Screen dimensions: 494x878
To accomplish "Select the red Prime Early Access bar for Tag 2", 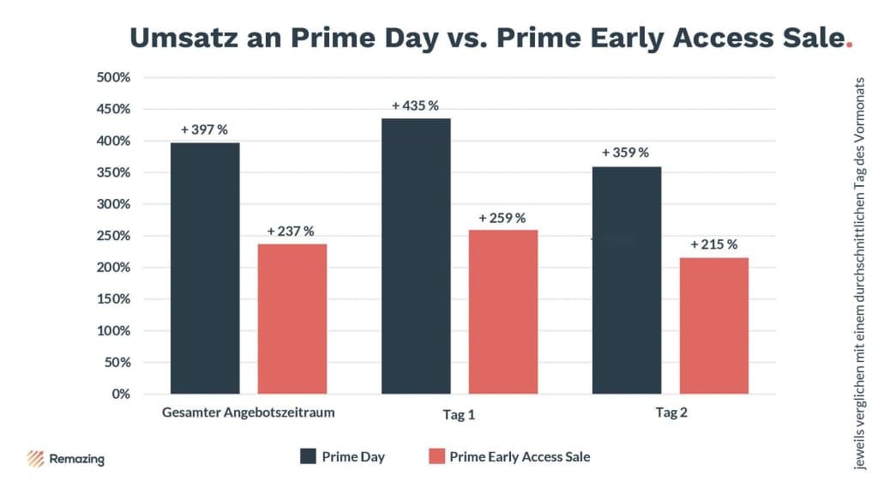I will [714, 325].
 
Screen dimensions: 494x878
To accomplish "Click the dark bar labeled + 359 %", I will [627, 280].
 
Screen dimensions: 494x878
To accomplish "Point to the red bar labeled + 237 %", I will [292, 318].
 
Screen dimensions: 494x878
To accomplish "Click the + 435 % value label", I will [416, 105].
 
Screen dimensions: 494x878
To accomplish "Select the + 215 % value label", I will [714, 244].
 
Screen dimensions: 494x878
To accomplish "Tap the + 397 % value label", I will [204, 130].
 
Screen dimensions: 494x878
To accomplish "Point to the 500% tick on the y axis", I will [112, 77].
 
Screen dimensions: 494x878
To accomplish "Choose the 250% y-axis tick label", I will [112, 236].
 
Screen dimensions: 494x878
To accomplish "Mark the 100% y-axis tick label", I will [112, 330].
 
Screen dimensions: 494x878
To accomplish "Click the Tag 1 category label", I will [459, 415].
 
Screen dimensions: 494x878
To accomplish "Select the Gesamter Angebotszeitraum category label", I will [248, 413].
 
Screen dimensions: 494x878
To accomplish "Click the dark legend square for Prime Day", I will [308, 456].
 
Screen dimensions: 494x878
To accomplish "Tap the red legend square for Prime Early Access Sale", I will [436, 456].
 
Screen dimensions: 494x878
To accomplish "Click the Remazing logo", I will [66, 458].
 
